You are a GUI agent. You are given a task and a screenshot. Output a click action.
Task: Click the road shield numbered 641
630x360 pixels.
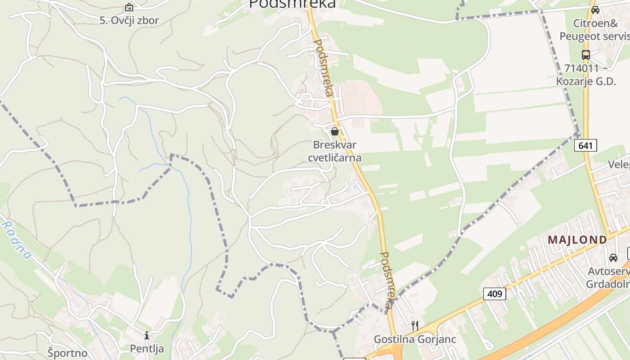[x=585, y=145]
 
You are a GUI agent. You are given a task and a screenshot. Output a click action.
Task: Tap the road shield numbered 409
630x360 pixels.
[x=495, y=294]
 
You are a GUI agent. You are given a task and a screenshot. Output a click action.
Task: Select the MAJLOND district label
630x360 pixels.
[x=577, y=240]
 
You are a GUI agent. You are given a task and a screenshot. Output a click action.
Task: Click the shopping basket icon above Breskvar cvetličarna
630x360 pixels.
[x=334, y=131]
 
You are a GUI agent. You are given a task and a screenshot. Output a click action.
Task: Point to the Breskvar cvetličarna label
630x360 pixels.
[x=334, y=151]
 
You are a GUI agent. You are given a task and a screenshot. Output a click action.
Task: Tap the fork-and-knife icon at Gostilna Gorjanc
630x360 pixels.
[x=415, y=326]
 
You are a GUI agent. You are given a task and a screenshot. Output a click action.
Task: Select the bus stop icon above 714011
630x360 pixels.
[x=585, y=55]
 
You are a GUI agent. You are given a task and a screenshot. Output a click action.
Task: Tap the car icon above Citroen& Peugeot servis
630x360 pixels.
[x=595, y=10]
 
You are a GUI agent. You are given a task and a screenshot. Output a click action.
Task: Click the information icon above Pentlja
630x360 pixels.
[x=146, y=336]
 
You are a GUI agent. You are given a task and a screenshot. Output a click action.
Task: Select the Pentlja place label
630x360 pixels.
[x=147, y=349]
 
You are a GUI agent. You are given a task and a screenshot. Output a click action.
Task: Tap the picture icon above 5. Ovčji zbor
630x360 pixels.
[x=129, y=7]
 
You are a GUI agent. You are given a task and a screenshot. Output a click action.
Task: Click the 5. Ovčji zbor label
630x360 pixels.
[x=129, y=20]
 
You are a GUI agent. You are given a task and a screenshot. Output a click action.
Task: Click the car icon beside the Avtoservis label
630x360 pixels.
[x=613, y=258]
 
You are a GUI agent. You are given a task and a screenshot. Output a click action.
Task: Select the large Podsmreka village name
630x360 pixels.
[x=292, y=4]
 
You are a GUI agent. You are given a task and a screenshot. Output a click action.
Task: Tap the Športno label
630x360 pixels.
[x=67, y=352]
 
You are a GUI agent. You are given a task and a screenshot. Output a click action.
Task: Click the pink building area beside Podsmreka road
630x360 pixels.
[x=360, y=97]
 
